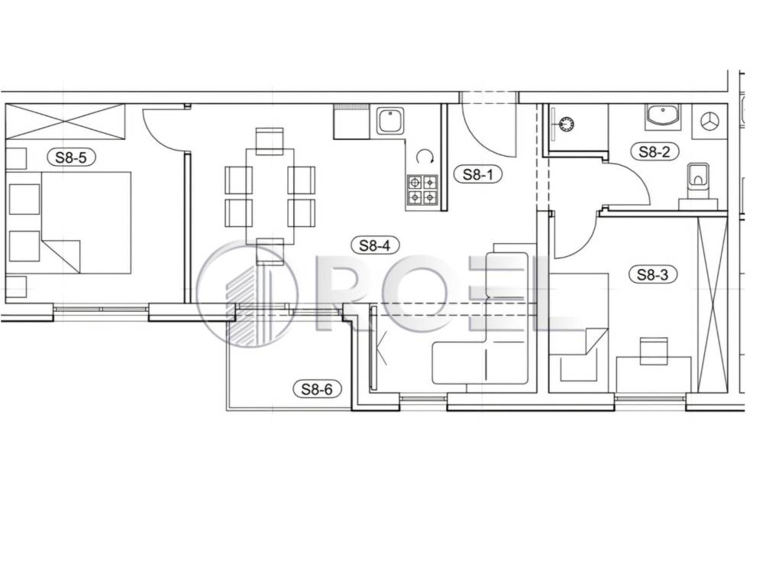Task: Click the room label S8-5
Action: (71, 157)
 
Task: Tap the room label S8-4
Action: (375, 245)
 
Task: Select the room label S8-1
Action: (478, 174)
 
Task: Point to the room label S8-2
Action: (654, 151)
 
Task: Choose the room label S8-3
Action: (652, 274)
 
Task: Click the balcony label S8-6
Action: (317, 388)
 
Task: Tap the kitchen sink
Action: (389, 122)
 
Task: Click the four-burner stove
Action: (422, 190)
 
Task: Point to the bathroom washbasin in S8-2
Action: (662, 117)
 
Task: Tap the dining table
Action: (270, 195)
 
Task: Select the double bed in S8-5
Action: (86, 222)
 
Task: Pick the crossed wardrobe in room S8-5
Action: (64, 122)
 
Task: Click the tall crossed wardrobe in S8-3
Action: (713, 304)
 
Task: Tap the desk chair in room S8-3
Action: (654, 351)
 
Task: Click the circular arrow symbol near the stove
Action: (425, 157)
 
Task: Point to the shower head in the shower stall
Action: (566, 123)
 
